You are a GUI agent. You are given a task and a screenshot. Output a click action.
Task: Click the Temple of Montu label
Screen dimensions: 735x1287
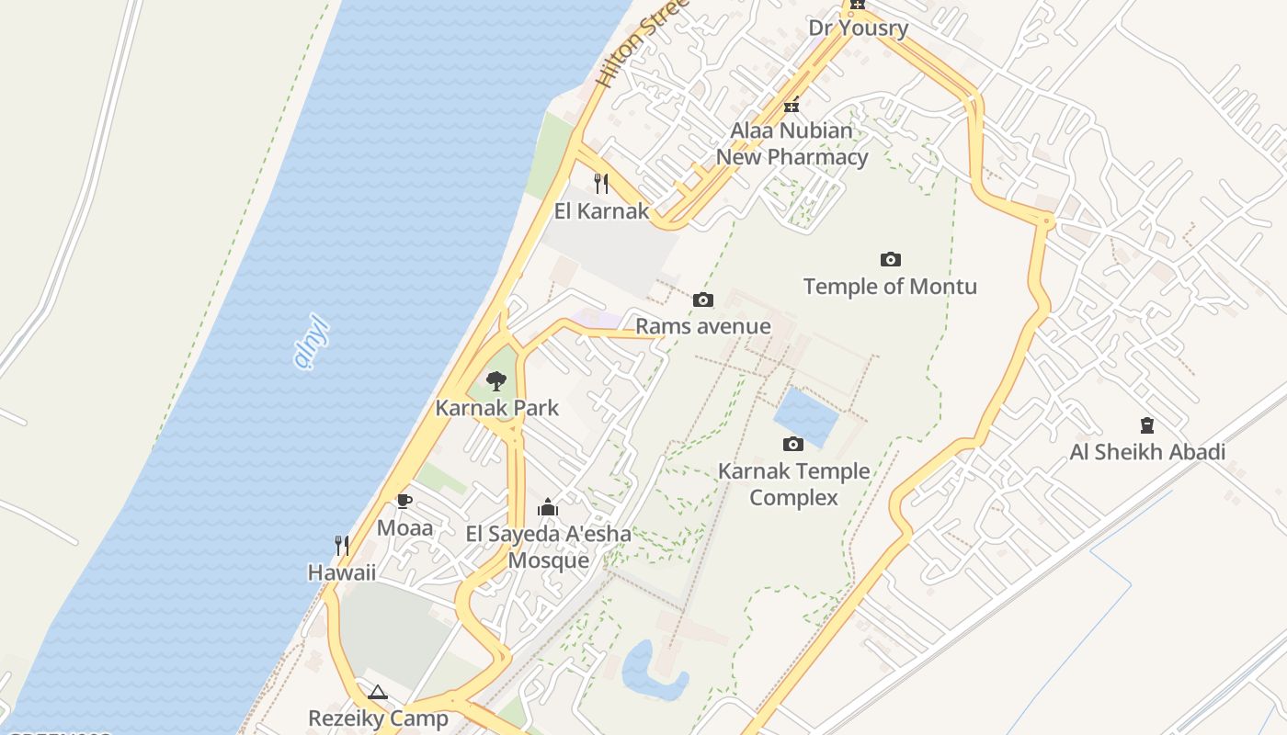[890, 287]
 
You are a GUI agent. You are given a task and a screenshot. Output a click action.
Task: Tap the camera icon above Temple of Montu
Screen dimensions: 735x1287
[890, 259]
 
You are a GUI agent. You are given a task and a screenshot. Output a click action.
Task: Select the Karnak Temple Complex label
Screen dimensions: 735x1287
[793, 484]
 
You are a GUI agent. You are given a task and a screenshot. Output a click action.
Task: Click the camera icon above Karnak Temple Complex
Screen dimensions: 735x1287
[792, 445]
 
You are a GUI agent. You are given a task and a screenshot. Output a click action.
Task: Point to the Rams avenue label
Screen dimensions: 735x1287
[703, 326]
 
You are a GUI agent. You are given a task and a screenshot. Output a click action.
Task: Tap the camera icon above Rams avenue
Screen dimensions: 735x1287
[703, 300]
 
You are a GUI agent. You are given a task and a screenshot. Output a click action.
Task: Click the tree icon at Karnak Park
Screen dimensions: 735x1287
[496, 380]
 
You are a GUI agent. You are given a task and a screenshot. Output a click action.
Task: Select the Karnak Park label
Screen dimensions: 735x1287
[496, 408]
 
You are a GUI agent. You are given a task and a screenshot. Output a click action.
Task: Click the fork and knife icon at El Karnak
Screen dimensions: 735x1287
[601, 183]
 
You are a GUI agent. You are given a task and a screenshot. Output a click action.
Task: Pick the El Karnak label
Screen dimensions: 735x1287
[601, 211]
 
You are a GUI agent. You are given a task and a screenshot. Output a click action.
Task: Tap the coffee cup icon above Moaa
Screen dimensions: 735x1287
[404, 501]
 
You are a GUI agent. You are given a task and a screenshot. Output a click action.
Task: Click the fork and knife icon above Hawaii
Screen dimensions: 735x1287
[342, 546]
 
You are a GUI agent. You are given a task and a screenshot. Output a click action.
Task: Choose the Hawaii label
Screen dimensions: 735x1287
[342, 572]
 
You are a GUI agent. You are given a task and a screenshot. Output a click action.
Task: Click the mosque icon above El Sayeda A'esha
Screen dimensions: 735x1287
[548, 506]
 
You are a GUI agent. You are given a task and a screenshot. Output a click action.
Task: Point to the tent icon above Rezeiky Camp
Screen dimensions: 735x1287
[378, 692]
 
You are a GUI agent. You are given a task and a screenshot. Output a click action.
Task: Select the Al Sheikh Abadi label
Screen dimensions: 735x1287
[1147, 452]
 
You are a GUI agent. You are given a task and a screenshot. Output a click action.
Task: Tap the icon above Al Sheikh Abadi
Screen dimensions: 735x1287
[1147, 424]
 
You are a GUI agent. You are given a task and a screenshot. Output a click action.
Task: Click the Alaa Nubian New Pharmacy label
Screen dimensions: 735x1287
[792, 144]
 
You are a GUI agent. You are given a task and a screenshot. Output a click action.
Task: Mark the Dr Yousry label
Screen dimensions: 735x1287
[858, 28]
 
